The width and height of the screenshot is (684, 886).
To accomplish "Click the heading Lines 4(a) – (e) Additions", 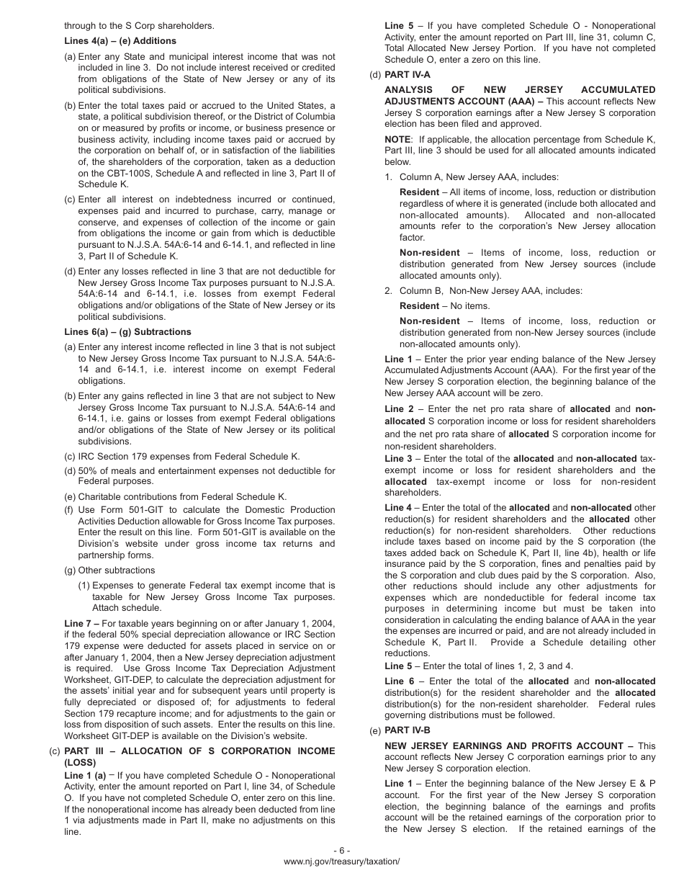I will coord(120,41).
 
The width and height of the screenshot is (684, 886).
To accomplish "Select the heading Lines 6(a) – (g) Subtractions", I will coord(127,332).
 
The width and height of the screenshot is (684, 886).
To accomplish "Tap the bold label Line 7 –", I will coord(81,623).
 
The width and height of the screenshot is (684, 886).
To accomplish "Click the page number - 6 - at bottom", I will coord(342,850).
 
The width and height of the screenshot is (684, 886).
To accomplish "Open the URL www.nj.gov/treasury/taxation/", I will coord(342,862).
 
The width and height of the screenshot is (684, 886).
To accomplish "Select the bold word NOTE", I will coord(398,139).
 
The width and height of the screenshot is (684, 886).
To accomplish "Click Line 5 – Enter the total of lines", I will coord(479,666).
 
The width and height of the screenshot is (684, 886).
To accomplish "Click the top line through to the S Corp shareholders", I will coord(139,26).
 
